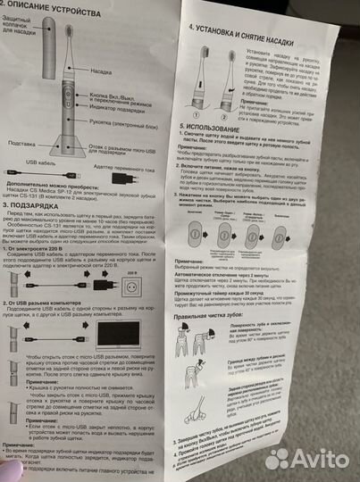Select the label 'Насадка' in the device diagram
(x=100, y=68)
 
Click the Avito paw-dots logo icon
(x=278, y=459)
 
